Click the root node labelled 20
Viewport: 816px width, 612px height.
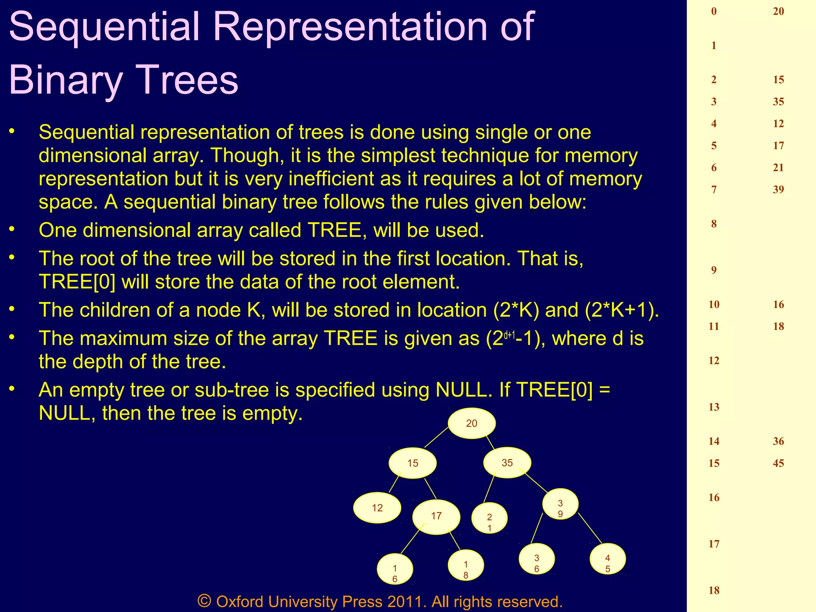472,423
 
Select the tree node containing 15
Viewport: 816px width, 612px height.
413,463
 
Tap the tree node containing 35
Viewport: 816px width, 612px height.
507,463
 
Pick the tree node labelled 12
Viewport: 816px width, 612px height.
377,508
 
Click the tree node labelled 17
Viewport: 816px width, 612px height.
436,516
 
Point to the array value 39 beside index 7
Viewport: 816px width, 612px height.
778,190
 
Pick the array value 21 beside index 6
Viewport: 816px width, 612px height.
778,168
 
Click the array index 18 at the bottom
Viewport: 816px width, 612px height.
714,590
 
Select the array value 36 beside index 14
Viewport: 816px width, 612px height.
778,441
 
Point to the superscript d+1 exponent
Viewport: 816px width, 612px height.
510,335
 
